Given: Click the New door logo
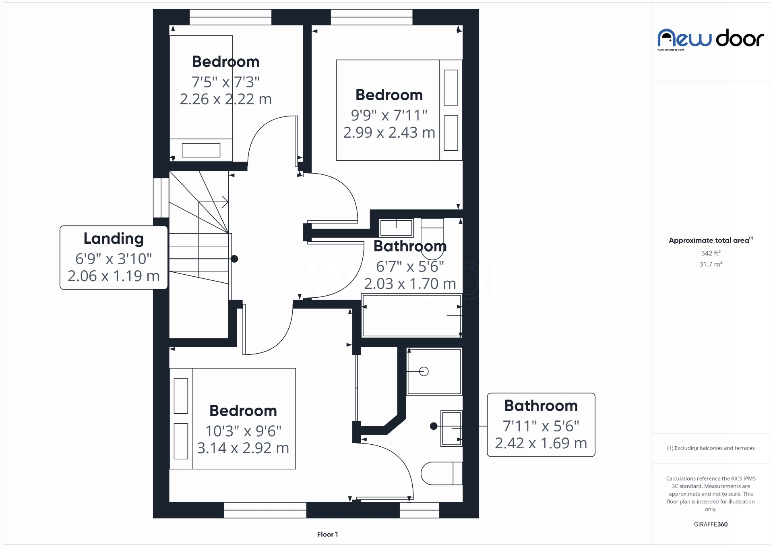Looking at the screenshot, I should click(x=711, y=39).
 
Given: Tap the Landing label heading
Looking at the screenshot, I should click(x=114, y=238).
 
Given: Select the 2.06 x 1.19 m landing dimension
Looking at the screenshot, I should click(x=114, y=276).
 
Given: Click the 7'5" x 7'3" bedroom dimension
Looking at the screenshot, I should click(x=225, y=82).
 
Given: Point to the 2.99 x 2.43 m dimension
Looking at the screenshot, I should click(x=389, y=133).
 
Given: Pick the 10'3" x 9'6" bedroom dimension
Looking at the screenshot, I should click(x=243, y=431).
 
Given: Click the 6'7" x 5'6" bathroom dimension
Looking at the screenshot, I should click(x=410, y=267).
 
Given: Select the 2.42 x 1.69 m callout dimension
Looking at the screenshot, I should click(x=541, y=443).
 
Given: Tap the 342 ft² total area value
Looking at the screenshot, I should click(x=711, y=253).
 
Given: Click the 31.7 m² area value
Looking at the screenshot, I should click(x=711, y=264).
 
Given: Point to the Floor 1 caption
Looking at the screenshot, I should click(x=327, y=535).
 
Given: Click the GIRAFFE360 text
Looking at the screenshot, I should click(x=711, y=524).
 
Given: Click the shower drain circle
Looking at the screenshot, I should click(x=424, y=371).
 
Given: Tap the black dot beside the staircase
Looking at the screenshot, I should click(x=234, y=259).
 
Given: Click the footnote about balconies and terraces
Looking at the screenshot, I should click(x=711, y=448).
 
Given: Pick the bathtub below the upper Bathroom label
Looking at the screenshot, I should click(x=411, y=316).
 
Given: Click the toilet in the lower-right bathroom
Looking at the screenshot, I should click(x=441, y=473).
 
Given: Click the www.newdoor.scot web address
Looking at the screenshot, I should click(x=671, y=50).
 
